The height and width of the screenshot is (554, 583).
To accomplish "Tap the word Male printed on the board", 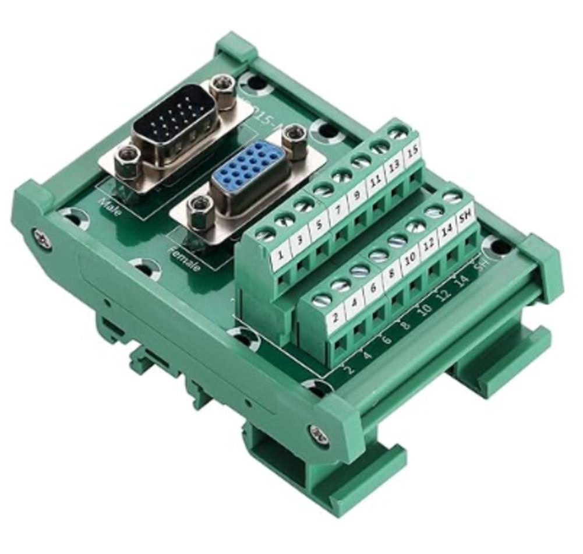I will click(111, 206).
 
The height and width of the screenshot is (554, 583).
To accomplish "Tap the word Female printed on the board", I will click(183, 259).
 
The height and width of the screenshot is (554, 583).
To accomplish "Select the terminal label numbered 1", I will click(281, 255).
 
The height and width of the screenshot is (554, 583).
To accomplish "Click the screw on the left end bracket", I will click(41, 238).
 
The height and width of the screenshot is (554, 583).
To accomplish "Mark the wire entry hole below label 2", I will click(340, 344).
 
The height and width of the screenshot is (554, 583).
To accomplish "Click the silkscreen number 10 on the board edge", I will click(425, 310).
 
